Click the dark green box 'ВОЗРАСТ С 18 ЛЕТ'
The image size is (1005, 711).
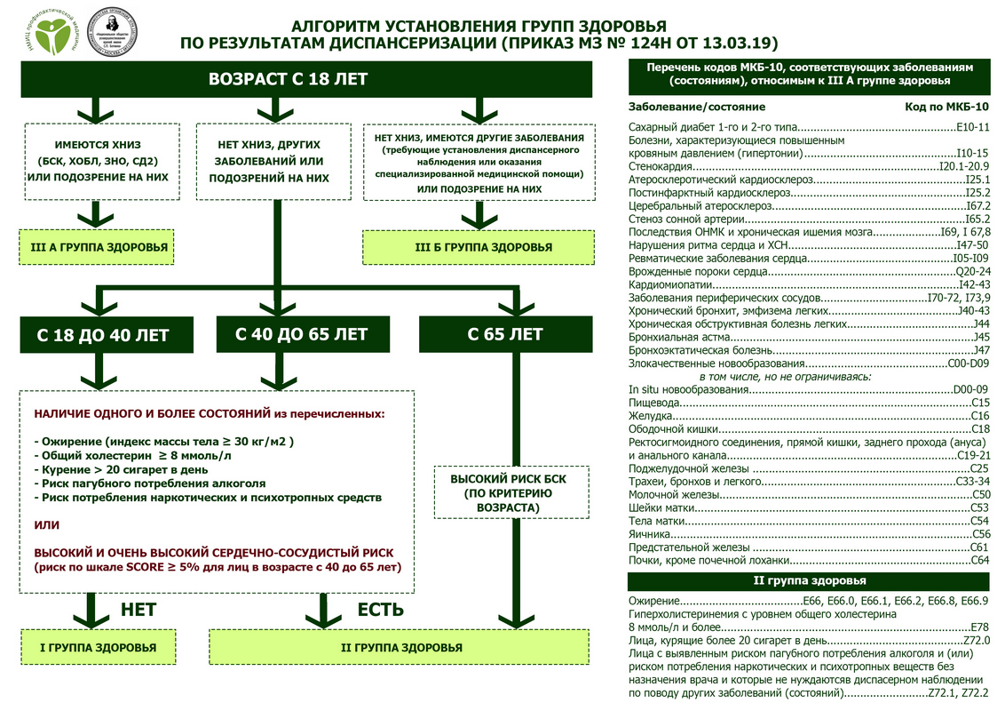(x=288, y=79)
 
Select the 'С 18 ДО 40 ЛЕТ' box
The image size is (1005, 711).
(x=102, y=335)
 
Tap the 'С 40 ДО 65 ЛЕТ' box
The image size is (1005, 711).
(x=301, y=334)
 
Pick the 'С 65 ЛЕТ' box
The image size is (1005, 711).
(x=505, y=334)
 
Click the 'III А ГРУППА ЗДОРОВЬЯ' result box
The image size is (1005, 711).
(x=98, y=246)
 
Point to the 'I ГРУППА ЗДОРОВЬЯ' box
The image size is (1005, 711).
(x=98, y=648)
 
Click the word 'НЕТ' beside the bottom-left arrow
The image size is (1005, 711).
(x=138, y=610)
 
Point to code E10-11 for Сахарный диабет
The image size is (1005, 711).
(x=973, y=127)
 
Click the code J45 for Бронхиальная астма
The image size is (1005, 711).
(x=981, y=337)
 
